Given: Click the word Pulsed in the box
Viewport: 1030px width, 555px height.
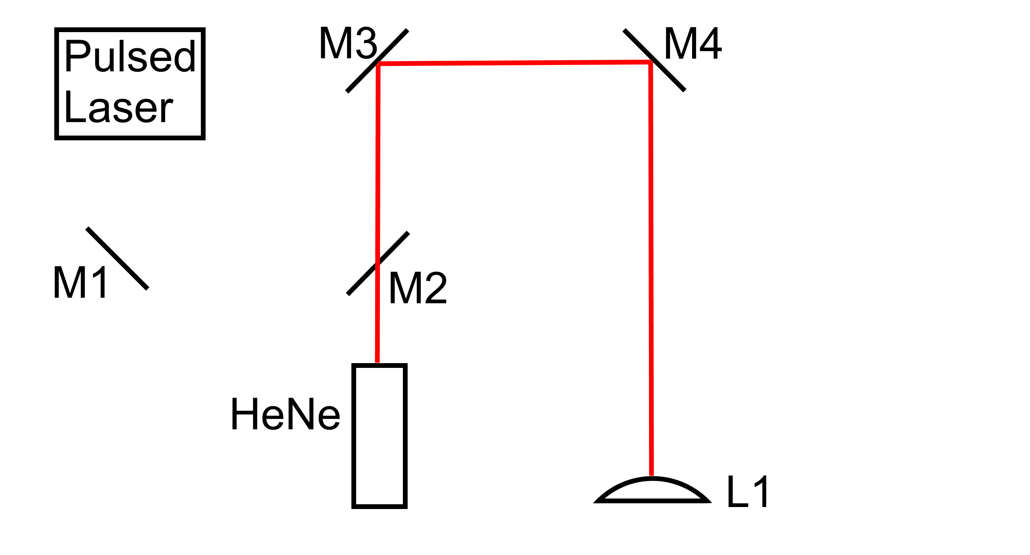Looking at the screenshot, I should [x=130, y=57].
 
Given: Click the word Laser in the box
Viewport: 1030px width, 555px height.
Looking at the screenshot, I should [x=118, y=107].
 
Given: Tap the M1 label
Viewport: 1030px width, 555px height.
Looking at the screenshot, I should [x=80, y=283].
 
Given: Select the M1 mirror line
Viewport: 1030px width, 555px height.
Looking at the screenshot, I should [x=117, y=258].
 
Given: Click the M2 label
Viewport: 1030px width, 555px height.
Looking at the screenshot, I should [x=418, y=288].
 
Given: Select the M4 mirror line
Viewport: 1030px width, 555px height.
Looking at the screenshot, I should [x=670, y=76].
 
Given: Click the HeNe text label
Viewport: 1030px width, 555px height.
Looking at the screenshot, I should [x=285, y=415].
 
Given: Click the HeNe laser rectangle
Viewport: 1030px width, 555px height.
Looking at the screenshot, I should [x=379, y=436].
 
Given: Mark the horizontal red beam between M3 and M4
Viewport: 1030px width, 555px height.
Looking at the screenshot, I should [x=514, y=63].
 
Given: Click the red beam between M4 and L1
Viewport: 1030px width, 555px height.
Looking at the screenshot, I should [x=651, y=268].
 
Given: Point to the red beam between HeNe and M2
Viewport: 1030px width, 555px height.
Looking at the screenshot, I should [x=377, y=324].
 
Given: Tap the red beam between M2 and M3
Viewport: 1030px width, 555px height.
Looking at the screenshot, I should [x=378, y=160].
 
